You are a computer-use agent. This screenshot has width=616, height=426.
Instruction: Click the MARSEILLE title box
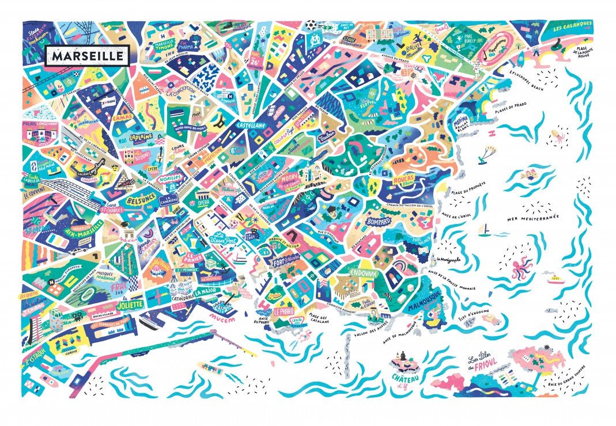tap(87, 56)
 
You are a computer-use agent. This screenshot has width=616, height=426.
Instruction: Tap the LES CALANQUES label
tap(572, 26)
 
